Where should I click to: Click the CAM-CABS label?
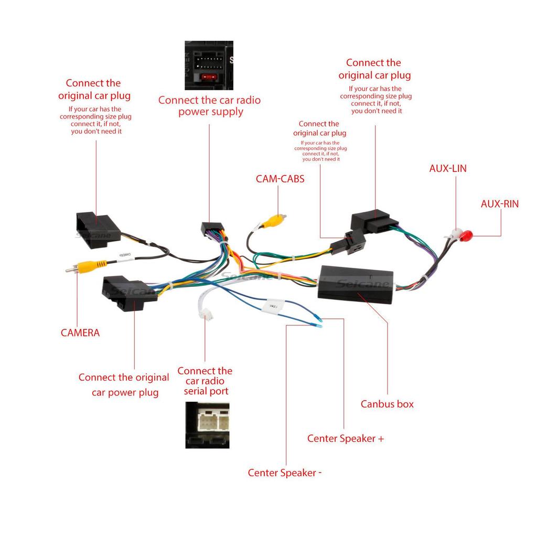pos(280,179)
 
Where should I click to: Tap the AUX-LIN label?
pos(448,169)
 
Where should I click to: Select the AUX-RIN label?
pos(499,204)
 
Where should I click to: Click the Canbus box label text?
pos(387,404)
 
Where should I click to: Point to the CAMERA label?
pos(80,332)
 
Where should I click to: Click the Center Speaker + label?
pos(346,438)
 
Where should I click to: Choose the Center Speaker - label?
pos(285,473)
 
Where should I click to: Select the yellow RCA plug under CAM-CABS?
pos(274,221)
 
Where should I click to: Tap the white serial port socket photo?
pos(207,425)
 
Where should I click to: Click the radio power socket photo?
pos(208,65)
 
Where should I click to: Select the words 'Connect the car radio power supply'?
pos(209,106)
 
